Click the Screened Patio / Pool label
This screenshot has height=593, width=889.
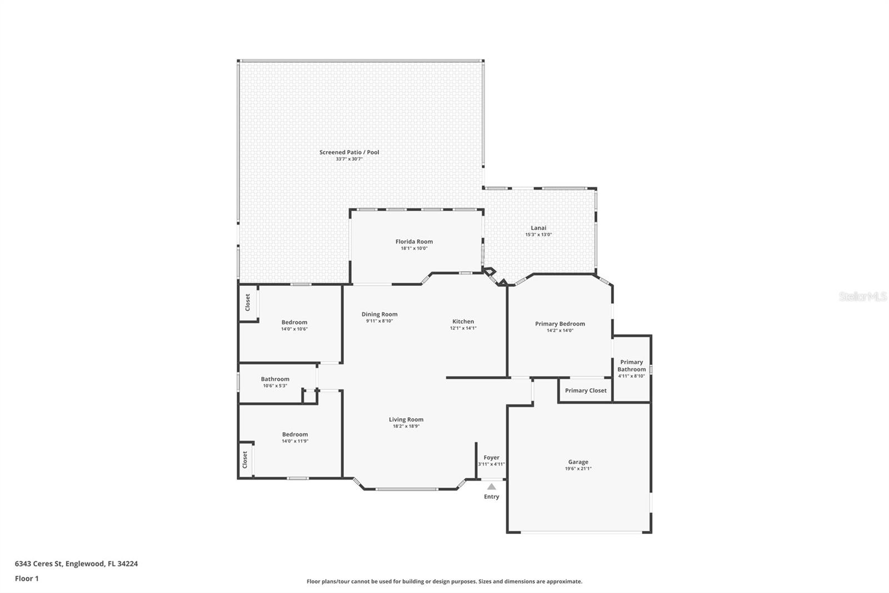349,152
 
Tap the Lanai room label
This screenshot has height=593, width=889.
538,228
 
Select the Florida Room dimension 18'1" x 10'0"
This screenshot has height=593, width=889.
414,249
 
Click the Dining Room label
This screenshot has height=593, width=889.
379,314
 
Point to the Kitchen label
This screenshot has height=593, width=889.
463,322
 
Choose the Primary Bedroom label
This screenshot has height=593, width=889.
560,324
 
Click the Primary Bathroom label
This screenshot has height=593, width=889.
631,365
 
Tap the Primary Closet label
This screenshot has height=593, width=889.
586,391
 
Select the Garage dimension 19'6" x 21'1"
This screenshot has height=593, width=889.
578,469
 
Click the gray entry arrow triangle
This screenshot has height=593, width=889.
491,487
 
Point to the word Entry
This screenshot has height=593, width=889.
491,497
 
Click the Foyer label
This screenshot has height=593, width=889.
491,458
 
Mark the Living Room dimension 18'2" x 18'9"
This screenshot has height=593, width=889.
406,427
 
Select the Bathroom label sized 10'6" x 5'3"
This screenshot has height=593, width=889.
275,379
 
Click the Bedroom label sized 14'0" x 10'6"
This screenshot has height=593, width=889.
294,323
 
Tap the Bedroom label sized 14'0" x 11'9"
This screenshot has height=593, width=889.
294,434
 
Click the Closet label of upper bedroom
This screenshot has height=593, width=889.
248,303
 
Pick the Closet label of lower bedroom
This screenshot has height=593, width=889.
245,459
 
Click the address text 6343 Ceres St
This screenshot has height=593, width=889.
39,564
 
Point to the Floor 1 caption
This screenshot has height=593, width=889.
27,579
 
